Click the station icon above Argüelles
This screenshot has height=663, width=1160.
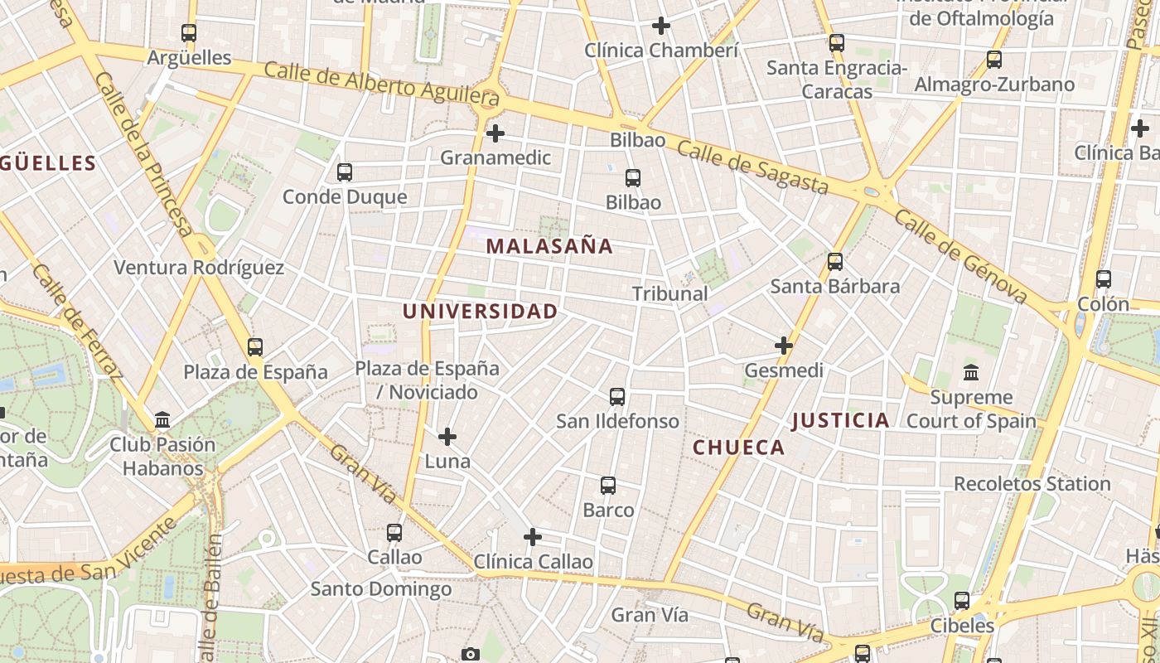point(189,33)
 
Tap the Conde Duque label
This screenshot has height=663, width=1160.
point(345,196)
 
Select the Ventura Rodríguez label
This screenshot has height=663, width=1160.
point(199,268)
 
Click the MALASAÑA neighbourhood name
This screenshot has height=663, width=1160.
point(549,246)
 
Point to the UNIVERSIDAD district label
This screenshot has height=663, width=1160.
point(480,312)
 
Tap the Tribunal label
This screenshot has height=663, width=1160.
point(669,293)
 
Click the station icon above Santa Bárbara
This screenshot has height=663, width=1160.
point(835,262)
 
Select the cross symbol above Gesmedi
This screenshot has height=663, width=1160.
point(784,345)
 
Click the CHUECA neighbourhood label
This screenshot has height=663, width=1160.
point(738,448)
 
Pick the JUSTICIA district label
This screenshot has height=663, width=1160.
point(840,420)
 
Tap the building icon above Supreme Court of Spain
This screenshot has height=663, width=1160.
point(971,372)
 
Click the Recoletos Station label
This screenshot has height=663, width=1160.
point(1032,483)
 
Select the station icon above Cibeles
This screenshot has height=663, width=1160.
point(962,600)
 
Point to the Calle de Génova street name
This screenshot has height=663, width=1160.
point(961,257)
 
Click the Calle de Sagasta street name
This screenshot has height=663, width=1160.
point(752,167)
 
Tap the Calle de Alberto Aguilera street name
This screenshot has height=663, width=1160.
point(382,86)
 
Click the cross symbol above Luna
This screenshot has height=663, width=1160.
point(447,436)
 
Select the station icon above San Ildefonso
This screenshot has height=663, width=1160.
point(617,396)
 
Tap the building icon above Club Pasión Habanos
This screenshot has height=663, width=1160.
point(162,419)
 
